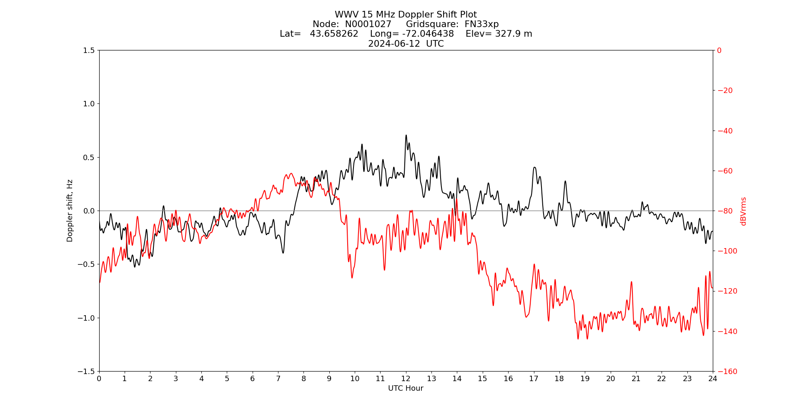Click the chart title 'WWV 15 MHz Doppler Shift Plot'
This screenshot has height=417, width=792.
(406, 15)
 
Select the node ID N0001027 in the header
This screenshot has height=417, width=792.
(368, 24)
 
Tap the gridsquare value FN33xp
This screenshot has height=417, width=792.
(481, 24)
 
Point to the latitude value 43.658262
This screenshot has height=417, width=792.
(334, 34)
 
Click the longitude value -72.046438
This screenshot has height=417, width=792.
(428, 34)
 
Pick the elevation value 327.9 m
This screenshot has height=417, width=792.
(513, 34)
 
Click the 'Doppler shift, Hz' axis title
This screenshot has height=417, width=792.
(70, 211)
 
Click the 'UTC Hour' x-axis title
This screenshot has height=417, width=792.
(406, 388)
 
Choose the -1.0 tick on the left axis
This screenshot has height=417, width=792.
(87, 318)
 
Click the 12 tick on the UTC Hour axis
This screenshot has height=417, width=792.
(406, 379)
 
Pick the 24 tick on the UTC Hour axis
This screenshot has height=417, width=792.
(713, 379)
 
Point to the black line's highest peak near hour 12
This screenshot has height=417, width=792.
(406, 135)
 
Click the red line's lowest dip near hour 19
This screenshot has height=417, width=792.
(578, 339)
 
